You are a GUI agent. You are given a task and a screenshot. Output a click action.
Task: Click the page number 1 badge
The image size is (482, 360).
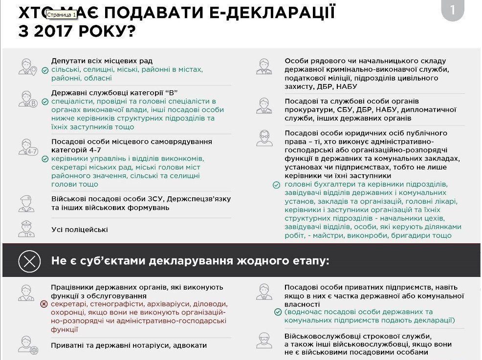[452, 11]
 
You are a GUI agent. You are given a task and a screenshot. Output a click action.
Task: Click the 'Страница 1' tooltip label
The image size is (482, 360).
[62, 15]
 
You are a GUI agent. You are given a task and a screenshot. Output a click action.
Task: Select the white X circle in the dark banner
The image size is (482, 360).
[29, 261]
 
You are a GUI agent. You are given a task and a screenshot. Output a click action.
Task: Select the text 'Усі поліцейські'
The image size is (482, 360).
[79, 230]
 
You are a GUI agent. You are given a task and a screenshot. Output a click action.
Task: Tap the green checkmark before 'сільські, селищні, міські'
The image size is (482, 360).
[44, 70]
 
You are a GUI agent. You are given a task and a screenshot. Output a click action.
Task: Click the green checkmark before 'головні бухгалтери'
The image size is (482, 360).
[277, 185]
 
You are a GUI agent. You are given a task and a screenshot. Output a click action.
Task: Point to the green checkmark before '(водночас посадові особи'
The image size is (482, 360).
[278, 312]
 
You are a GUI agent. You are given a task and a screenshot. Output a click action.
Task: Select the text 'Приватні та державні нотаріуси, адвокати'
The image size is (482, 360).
[129, 345]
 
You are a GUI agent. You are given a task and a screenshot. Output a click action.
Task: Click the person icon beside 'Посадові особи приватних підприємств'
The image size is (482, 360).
[264, 292]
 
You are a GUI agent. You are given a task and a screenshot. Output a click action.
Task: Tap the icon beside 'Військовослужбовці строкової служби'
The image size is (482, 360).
[264, 340]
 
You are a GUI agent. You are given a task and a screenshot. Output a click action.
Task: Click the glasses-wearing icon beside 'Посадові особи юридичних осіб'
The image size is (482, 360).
[264, 138]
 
